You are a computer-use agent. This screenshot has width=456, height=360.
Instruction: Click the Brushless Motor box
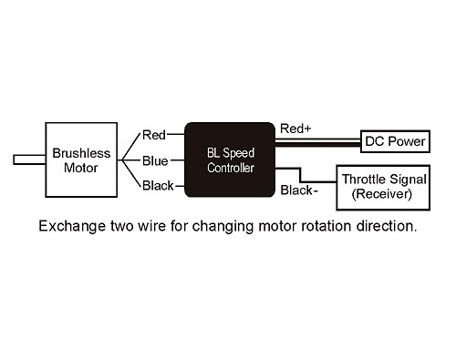(x=80, y=160)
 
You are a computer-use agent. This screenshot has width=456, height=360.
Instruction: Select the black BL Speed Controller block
(x=230, y=160)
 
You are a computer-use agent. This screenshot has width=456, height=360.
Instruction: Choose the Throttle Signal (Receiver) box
(x=381, y=185)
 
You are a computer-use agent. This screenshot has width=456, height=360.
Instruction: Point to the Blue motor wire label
(x=155, y=161)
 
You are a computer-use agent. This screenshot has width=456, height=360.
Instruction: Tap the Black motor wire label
(x=158, y=187)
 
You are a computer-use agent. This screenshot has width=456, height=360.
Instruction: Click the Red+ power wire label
(x=296, y=129)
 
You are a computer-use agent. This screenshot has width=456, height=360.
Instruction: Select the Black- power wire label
(x=299, y=190)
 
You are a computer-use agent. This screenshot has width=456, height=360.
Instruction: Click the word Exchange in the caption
(x=67, y=224)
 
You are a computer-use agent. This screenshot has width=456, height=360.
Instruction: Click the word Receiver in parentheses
(x=382, y=193)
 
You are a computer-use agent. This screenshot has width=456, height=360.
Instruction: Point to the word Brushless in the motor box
(x=80, y=153)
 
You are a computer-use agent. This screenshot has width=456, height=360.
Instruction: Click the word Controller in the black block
(x=230, y=169)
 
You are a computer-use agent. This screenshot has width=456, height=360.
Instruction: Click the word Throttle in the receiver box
(x=363, y=178)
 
